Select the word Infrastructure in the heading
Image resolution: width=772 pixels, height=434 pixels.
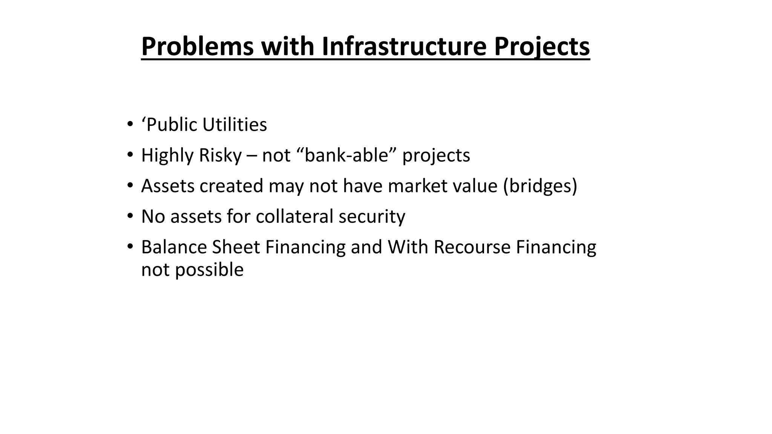[404, 47]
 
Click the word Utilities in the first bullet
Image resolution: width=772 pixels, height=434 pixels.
[234, 125]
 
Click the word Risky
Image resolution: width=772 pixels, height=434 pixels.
[220, 155]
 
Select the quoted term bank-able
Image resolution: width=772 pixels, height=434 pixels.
[346, 155]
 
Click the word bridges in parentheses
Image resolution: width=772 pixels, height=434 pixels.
[540, 186]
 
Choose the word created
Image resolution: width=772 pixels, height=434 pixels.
[231, 186]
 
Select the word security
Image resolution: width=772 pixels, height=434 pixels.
[372, 217]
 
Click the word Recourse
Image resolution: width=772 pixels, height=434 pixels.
[472, 247]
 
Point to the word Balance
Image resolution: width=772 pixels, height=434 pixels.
[174, 247]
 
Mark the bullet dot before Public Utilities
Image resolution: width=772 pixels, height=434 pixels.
[130, 124]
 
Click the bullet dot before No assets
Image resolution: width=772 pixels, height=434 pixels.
[130, 216]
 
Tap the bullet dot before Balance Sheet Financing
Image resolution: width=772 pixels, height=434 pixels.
[130, 246]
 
